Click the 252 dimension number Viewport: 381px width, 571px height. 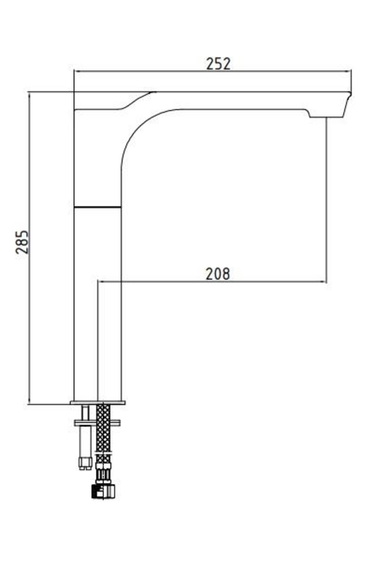[218, 64]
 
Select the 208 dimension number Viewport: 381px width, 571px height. [218, 274]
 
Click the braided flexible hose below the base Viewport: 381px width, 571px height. [104, 433]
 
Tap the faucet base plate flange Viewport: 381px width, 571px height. [98, 403]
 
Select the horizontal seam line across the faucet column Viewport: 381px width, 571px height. [97, 207]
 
